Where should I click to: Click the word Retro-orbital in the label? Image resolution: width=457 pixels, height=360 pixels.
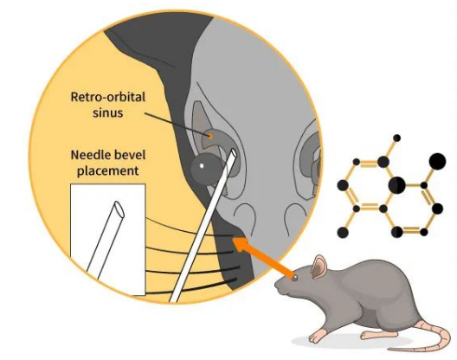click(x=108, y=97)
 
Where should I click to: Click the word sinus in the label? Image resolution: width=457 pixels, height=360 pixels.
click(x=108, y=112)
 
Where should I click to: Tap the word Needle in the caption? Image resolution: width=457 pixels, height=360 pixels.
click(x=88, y=155)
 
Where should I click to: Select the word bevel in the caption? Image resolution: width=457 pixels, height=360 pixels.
click(x=128, y=155)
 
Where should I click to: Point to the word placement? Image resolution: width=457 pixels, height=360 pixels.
click(x=108, y=170)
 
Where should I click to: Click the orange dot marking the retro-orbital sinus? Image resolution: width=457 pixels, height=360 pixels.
click(x=210, y=136)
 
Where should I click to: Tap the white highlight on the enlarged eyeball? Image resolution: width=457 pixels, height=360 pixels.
click(x=202, y=166)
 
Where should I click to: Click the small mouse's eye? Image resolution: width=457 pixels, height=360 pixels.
click(x=295, y=278)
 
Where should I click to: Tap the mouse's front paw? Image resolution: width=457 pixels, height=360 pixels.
click(x=316, y=337)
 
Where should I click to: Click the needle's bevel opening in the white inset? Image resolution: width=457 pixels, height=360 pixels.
click(x=119, y=209)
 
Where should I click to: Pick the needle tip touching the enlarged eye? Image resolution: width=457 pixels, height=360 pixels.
click(x=234, y=151)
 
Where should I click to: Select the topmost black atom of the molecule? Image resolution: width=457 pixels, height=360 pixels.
click(x=396, y=138)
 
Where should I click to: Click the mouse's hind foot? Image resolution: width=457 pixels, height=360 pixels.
click(x=371, y=335)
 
